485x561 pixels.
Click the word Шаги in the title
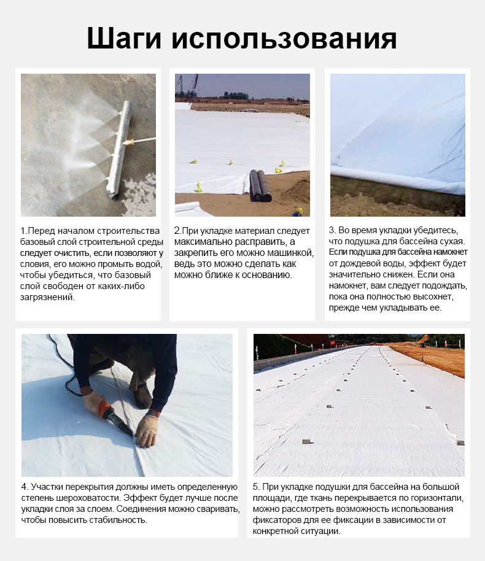(x=124, y=38)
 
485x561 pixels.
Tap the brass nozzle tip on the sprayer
(x=131, y=142)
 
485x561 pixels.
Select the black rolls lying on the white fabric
(x=260, y=185)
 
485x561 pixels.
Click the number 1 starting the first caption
(x=23, y=231)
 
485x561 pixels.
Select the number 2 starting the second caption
(x=177, y=231)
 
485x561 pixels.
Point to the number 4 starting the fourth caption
(x=23, y=487)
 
